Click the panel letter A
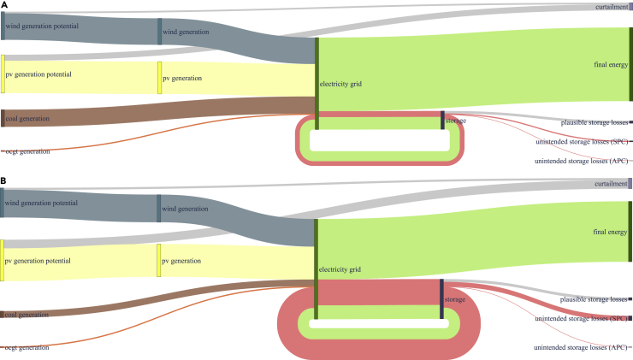point(4,5)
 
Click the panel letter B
point(4,181)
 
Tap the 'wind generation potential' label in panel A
point(41,27)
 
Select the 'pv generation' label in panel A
point(182,79)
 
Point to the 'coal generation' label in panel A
point(27,119)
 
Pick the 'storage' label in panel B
point(455,299)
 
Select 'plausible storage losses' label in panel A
point(592,123)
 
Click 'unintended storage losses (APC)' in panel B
point(581,348)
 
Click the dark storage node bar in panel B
point(442,299)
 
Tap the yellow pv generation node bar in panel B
point(159,259)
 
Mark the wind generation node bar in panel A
point(159,31)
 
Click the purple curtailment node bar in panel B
point(630,184)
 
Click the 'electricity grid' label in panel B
point(340,269)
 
